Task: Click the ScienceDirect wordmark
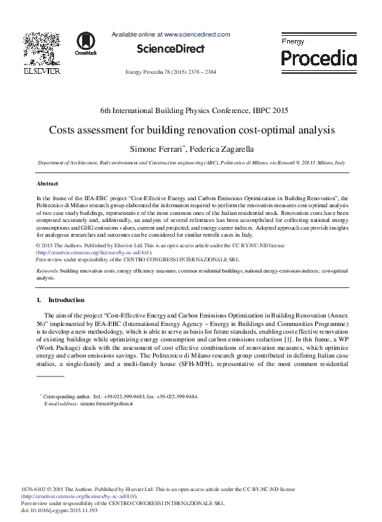[x=171, y=49]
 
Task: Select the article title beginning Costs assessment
[x=191, y=130]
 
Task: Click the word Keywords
[x=47, y=270]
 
